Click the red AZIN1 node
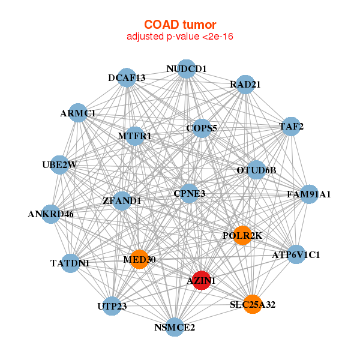click(202, 280)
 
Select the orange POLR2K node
click(242, 235)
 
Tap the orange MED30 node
click(139, 259)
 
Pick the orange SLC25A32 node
click(253, 304)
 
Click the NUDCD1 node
click(187, 69)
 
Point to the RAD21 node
click(245, 85)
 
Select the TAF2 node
click(291, 127)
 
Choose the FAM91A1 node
click(309, 194)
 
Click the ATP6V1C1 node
click(296, 254)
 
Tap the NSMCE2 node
click(175, 327)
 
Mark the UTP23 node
click(112, 306)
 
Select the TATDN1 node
click(70, 263)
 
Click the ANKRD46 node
click(51, 214)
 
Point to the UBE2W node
click(59, 165)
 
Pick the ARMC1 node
click(78, 113)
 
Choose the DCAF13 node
click(127, 77)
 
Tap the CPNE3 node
click(189, 194)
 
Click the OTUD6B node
click(256, 170)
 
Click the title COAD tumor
click(180, 25)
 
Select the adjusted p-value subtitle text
click(180, 37)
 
